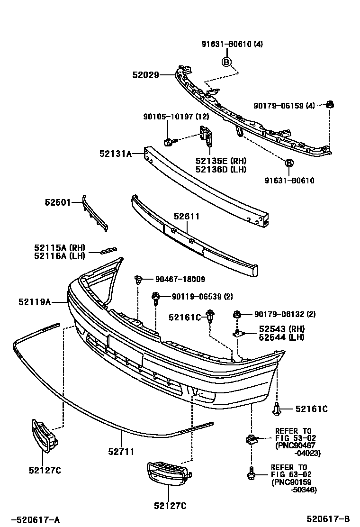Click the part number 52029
coord(146,74)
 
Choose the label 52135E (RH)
coord(221,161)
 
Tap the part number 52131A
coord(115,153)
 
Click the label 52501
coord(57,202)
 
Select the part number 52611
coord(186,217)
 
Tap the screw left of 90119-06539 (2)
coord(155,297)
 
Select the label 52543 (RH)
coord(281,329)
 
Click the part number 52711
coord(121,452)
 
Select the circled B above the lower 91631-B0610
coord(289,164)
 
